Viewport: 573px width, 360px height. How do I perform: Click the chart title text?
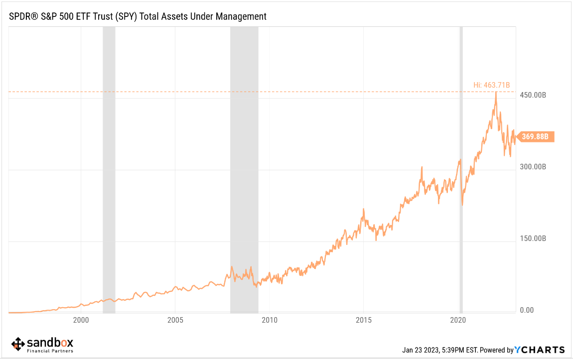pyautogui.click(x=138, y=16)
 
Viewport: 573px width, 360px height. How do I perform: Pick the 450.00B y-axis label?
pyautogui.click(x=533, y=95)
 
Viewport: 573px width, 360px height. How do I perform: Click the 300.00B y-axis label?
pyautogui.click(x=533, y=167)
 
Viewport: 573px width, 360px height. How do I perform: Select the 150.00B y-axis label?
pyautogui.click(x=533, y=239)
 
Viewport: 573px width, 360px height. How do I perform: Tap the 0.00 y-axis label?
pyautogui.click(x=527, y=310)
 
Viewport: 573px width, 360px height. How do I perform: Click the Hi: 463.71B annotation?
pyautogui.click(x=492, y=85)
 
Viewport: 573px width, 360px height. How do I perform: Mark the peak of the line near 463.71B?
pyautogui.click(x=496, y=92)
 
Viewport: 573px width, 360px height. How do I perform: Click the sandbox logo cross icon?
pyautogui.click(x=18, y=344)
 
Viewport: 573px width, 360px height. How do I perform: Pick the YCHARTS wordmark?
pyautogui.click(x=540, y=350)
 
